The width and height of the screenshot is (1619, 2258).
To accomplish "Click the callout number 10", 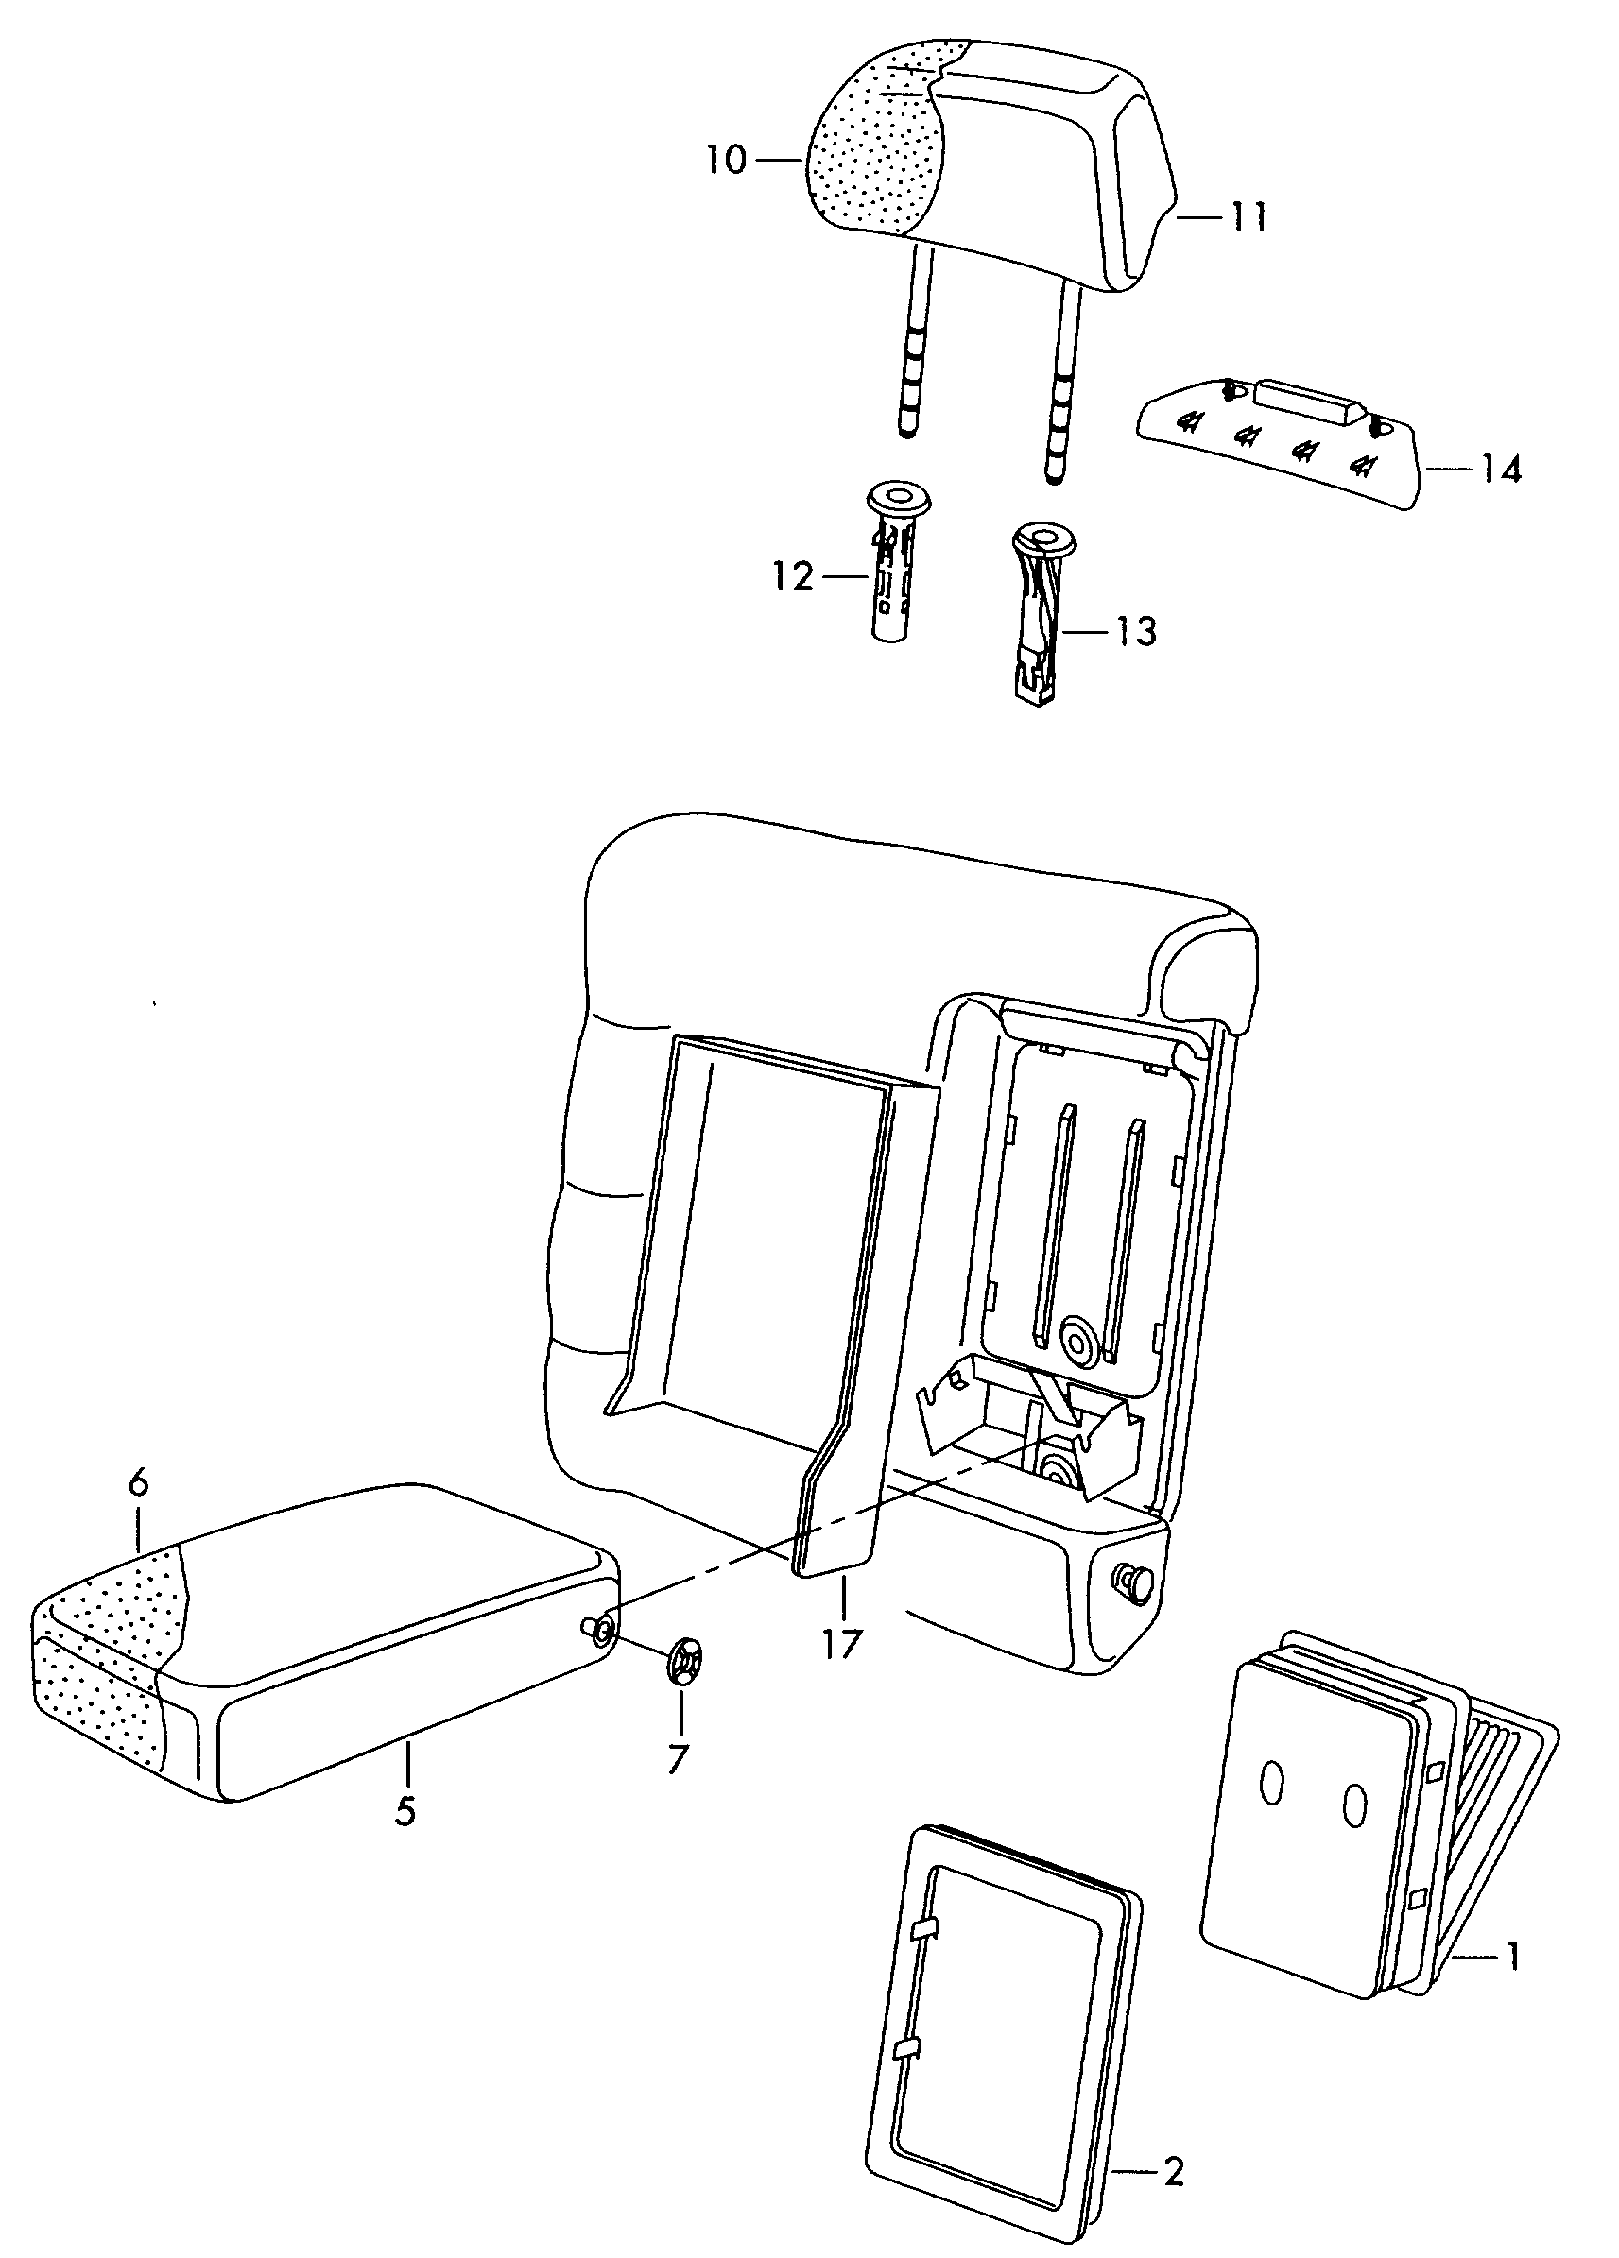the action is tap(727, 160).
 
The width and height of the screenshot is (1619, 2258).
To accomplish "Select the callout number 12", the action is tap(793, 576).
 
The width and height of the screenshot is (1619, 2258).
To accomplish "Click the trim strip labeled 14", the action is tap(1280, 443).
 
